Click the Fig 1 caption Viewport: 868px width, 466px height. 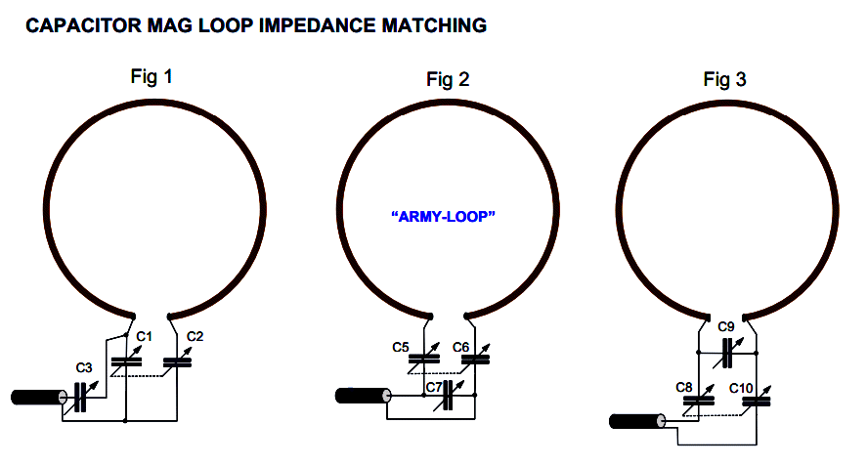click(x=152, y=75)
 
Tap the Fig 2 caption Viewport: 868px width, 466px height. click(x=448, y=79)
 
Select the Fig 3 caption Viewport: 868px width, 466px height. click(x=724, y=79)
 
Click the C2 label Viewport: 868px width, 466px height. click(x=195, y=337)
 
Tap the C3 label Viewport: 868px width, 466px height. click(x=84, y=368)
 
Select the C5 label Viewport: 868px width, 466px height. click(x=401, y=347)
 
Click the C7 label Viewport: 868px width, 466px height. click(x=432, y=388)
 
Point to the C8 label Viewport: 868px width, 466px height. click(x=684, y=388)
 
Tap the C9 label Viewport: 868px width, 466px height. click(x=725, y=326)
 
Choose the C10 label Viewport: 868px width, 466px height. click(x=742, y=388)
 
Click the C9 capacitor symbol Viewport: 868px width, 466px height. click(x=726, y=349)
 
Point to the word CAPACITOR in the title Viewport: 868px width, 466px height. click(x=76, y=26)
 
